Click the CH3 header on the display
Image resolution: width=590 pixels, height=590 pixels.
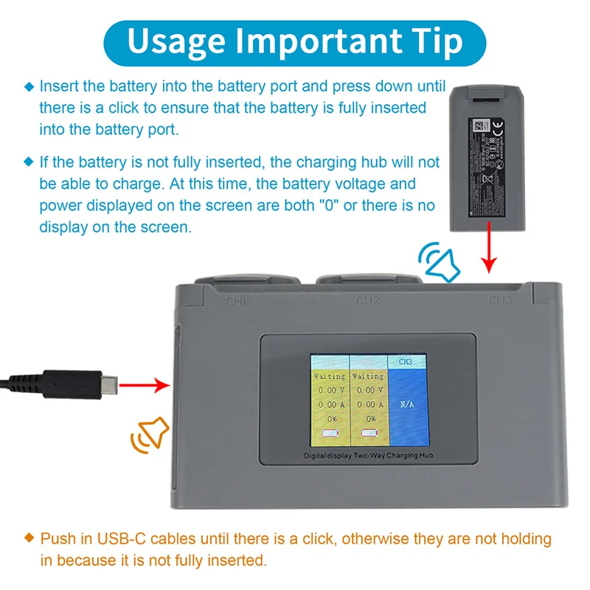pos(405,362)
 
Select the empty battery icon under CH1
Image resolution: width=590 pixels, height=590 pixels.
pos(329,434)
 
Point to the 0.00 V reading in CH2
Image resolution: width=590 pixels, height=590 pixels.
pos(367,390)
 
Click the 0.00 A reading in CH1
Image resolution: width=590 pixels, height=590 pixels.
pos(329,405)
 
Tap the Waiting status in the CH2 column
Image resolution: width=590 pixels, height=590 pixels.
pos(367,376)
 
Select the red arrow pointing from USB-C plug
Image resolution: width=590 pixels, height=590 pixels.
pos(145,383)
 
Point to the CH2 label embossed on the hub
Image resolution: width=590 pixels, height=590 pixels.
pos(368,301)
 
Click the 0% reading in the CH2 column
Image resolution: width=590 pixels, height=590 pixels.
pos(367,419)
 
